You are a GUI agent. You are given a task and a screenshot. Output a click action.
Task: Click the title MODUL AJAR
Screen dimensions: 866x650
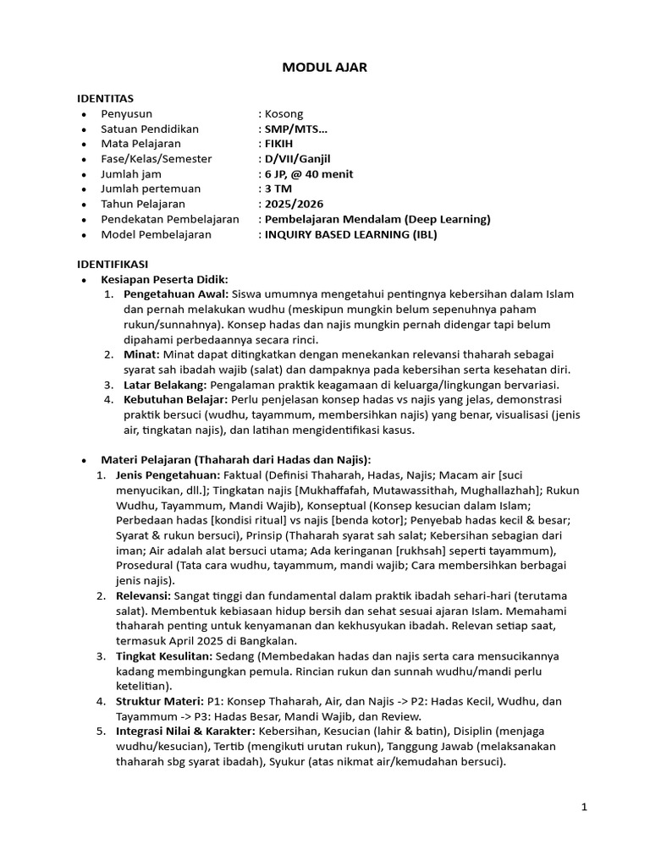(324, 68)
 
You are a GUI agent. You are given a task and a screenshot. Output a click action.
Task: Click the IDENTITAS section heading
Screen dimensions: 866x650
(105, 98)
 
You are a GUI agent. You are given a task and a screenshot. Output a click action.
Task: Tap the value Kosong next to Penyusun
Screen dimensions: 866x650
(284, 113)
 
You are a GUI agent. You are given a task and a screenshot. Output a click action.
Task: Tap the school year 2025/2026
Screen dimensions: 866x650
(294, 205)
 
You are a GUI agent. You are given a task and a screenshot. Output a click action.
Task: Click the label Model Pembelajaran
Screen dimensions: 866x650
(156, 235)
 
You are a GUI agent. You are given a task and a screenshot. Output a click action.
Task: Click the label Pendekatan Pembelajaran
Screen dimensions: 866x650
(169, 220)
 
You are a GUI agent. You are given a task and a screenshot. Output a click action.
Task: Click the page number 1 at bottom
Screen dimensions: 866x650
(584, 808)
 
